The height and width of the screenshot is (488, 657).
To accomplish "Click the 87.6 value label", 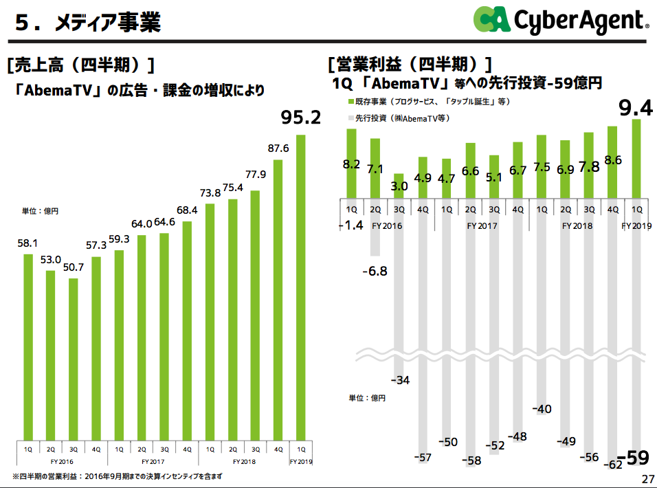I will pos(278,148).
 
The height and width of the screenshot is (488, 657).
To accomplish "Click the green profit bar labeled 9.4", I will pos(636,158).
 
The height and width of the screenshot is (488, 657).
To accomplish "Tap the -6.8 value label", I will pos(375,271).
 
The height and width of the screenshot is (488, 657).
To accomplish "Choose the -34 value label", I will pos(400,380).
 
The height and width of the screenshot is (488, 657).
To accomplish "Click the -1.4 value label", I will pos(350,225).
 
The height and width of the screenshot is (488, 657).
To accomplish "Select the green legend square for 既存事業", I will pos(350,102).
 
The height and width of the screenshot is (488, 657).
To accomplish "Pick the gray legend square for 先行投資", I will pos(350,118).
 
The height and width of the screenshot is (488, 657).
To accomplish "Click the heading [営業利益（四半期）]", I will pos(410,65).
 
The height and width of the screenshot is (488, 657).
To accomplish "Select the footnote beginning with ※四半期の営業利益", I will pos(118,476).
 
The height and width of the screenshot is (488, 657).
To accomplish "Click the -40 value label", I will pos(542,409).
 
